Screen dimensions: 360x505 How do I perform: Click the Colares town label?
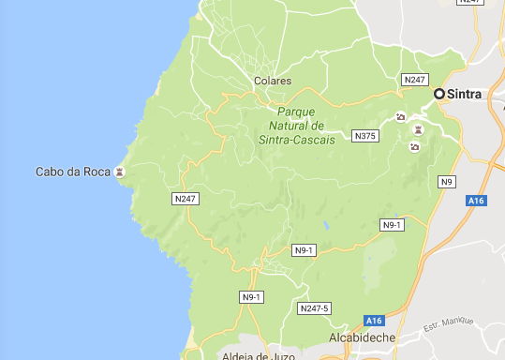[273, 82]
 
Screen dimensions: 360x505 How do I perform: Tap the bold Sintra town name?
[466, 95]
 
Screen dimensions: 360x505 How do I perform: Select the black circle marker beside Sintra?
[438, 94]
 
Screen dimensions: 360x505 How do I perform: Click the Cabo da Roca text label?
[72, 172]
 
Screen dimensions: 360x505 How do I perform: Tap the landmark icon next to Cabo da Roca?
[119, 172]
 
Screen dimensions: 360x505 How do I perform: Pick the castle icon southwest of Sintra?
[419, 129]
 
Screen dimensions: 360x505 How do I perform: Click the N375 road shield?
[364, 137]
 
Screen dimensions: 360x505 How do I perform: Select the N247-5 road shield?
[313, 308]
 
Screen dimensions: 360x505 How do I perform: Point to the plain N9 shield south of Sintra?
[446, 181]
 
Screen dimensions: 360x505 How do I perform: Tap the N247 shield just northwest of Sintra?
[413, 81]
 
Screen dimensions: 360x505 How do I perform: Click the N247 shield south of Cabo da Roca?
[186, 199]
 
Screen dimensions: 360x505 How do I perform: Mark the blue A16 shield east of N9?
[476, 201]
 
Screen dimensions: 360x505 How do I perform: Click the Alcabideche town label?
[364, 337]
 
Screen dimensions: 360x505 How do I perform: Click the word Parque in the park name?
[296, 111]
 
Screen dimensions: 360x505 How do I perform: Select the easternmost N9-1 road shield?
[392, 225]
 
